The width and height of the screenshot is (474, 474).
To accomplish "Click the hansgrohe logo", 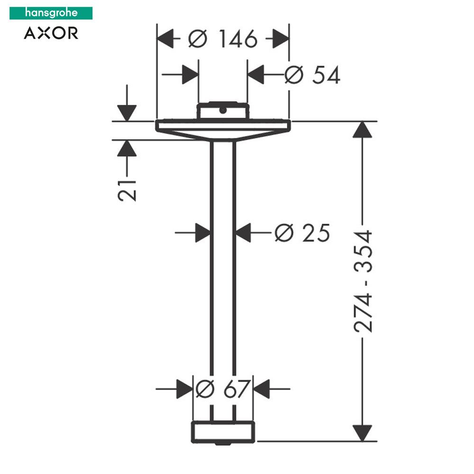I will [51, 13].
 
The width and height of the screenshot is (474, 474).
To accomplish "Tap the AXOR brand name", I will [51, 33].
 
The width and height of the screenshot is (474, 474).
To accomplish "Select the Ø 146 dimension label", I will [222, 39].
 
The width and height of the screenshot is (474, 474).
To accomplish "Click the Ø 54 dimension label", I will [312, 75].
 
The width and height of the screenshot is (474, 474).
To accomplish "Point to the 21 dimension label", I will [128, 190].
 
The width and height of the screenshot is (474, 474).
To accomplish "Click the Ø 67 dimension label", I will [223, 389].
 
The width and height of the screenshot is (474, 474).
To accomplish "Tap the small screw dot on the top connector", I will [222, 110].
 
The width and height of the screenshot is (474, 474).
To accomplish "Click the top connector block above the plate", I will [222, 111].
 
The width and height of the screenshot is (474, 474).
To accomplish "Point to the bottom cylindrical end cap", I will [223, 431].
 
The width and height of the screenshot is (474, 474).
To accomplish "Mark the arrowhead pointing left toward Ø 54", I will [256, 75].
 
